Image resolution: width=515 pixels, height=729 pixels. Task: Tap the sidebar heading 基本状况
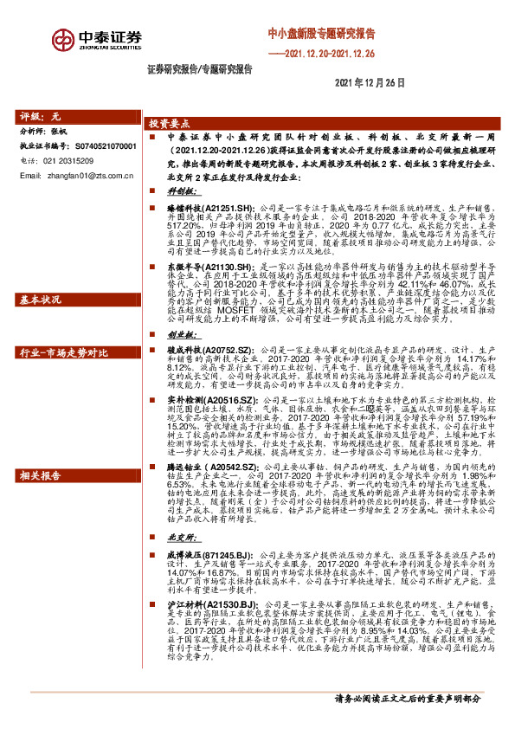(40, 300)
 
